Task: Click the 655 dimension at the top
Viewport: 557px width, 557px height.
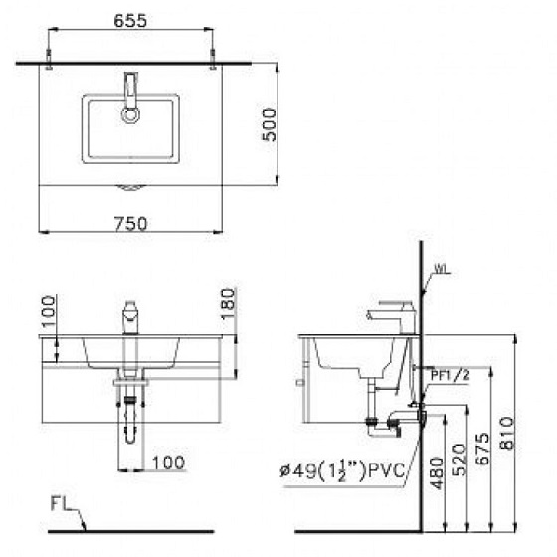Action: click(130, 21)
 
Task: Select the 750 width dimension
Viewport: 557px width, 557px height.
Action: click(130, 224)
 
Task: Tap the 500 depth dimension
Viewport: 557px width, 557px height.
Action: click(270, 125)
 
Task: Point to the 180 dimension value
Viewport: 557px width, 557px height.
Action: click(228, 303)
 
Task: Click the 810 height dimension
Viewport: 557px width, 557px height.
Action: click(506, 433)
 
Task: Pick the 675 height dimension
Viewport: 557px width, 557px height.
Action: click(482, 449)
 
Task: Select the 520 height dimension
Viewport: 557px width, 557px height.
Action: click(459, 460)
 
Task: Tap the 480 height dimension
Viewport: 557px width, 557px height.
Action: click(437, 473)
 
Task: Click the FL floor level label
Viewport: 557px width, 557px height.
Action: click(59, 503)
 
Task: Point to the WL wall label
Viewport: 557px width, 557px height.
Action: click(440, 269)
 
